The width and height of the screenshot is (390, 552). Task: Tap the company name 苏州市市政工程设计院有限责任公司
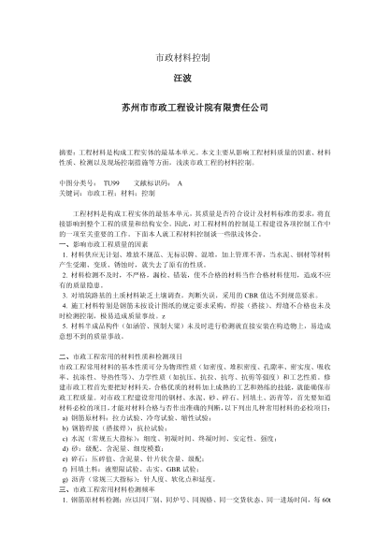pos(195,109)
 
